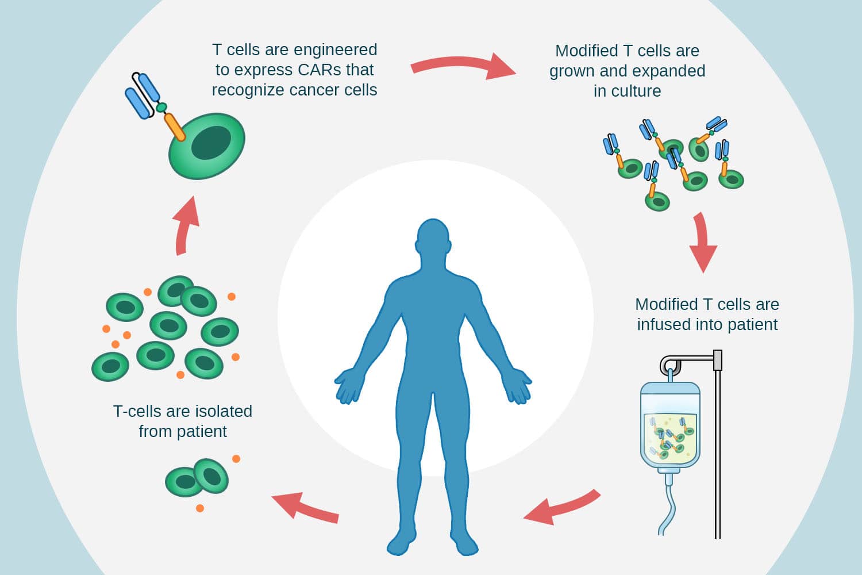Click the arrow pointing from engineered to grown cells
coord(462,66)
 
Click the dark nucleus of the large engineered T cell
coord(210,143)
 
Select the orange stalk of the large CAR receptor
coord(175,127)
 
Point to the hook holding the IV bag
coord(669,366)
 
